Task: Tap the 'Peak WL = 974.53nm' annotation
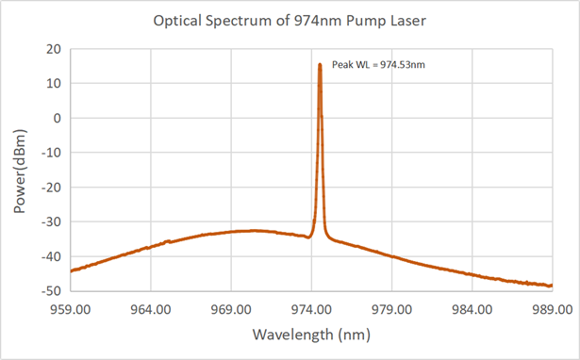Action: [x=372, y=65]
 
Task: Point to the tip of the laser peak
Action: [x=320, y=64]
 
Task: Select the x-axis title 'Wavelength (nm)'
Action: [x=311, y=334]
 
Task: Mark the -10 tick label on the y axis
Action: [x=51, y=153]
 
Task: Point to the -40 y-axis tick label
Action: [x=51, y=256]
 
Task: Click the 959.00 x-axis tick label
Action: [x=72, y=308]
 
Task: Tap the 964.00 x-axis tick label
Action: [x=152, y=308]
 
